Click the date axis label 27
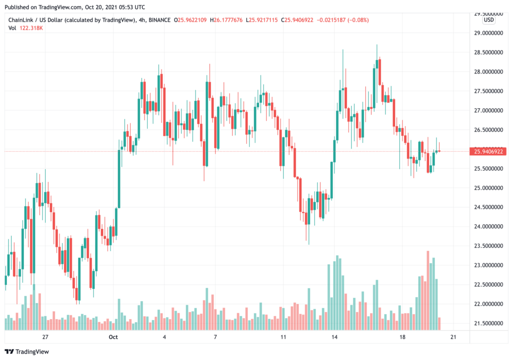pyautogui.click(x=45, y=337)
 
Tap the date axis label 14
pyautogui.click(x=334, y=337)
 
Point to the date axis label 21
pyautogui.click(x=453, y=337)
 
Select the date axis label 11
pyautogui.click(x=283, y=337)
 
